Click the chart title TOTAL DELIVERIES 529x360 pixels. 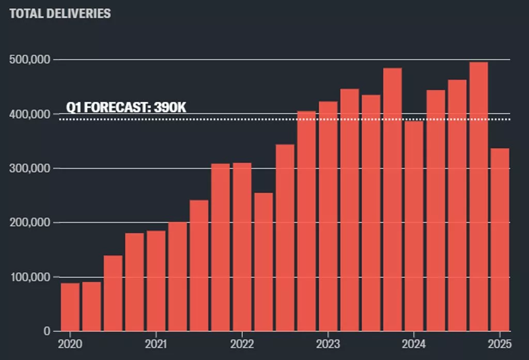[x=60, y=13]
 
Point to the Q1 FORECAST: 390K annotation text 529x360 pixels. [x=126, y=108]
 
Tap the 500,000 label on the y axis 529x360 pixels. [x=30, y=60]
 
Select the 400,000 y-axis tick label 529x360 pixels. [x=30, y=114]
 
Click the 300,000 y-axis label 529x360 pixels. [x=30, y=168]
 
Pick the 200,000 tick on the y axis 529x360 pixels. [x=30, y=223]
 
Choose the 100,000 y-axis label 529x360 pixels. [x=30, y=277]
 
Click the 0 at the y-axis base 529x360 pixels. [x=47, y=331]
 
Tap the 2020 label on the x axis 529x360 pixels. [x=70, y=343]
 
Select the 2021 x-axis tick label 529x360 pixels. [x=155, y=343]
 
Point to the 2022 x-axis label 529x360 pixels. [x=241, y=343]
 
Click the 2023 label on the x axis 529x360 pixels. [x=327, y=343]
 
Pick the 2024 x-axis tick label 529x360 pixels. [x=413, y=343]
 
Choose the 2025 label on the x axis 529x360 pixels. [x=499, y=343]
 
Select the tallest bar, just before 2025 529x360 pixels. [x=478, y=196]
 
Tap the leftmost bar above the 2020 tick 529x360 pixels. [x=70, y=307]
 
